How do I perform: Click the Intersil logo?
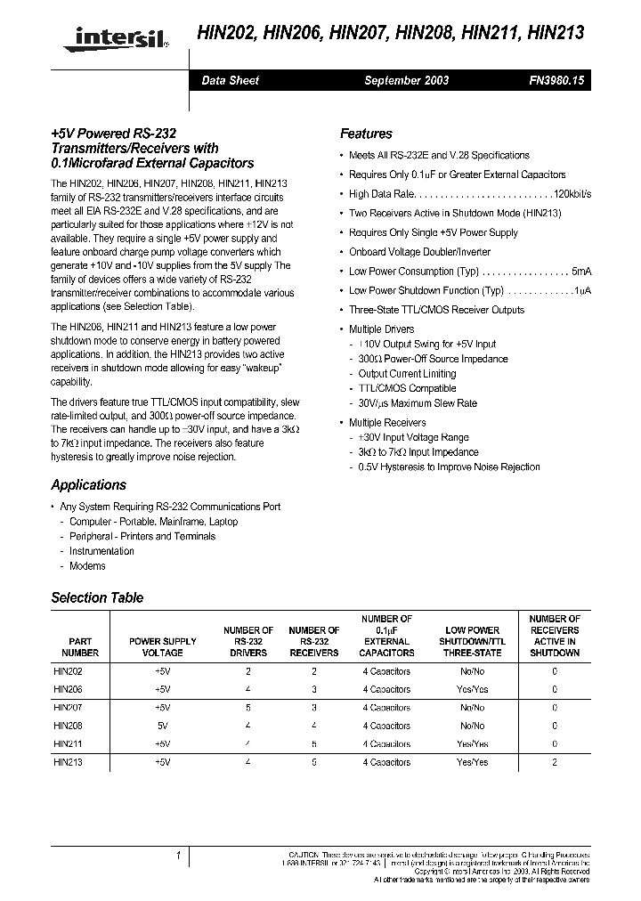pyautogui.click(x=114, y=37)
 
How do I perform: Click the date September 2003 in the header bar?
pyautogui.click(x=406, y=80)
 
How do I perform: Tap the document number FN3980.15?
pyautogui.click(x=556, y=80)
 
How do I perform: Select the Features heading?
pyautogui.click(x=366, y=134)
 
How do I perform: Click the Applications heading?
pyautogui.click(x=89, y=485)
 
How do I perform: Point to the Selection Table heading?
pyautogui.click(x=97, y=598)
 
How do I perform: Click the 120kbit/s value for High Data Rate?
pyautogui.click(x=572, y=193)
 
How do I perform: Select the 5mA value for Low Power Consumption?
pyautogui.click(x=580, y=272)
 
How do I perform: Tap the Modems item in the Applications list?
pyautogui.click(x=87, y=566)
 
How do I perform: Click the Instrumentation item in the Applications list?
pyautogui.click(x=101, y=551)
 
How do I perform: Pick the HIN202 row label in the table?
pyautogui.click(x=68, y=672)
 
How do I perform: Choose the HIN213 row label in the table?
pyautogui.click(x=68, y=762)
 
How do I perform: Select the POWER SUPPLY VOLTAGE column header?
pyautogui.click(x=163, y=646)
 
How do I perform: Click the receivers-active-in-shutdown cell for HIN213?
pyautogui.click(x=554, y=762)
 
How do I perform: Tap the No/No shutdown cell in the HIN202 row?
pyautogui.click(x=472, y=672)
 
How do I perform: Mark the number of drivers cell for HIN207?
pyautogui.click(x=247, y=708)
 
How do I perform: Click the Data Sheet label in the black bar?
pyautogui.click(x=230, y=80)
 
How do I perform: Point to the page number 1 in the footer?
pyautogui.click(x=178, y=856)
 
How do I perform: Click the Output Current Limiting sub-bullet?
pyautogui.click(x=407, y=374)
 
